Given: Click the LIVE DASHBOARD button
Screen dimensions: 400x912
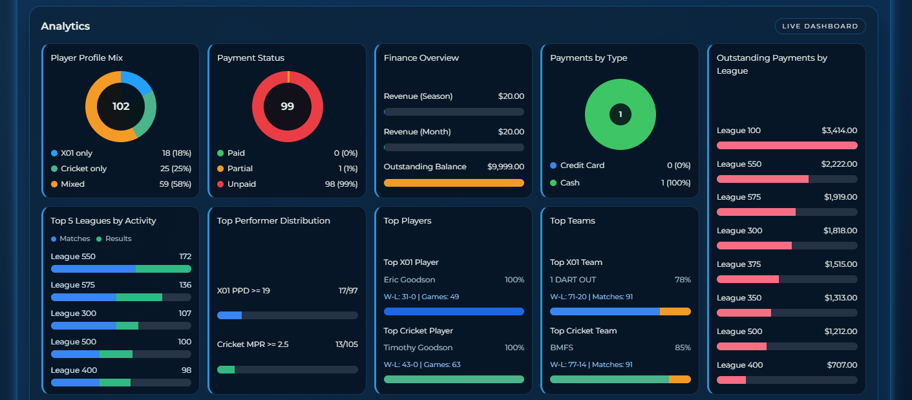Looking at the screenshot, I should [820, 26].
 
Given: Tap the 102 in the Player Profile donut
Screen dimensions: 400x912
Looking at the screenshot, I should [121, 107].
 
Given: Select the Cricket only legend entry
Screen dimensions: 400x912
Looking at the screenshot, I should [83, 169].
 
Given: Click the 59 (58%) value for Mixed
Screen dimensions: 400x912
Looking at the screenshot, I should [176, 184].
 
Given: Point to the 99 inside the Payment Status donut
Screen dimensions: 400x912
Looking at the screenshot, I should [287, 107].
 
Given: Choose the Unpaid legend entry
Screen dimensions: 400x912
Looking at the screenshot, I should [242, 184].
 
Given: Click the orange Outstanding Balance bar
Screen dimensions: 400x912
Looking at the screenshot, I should [454, 183].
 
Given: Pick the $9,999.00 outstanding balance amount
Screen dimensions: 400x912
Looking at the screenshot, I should [505, 167].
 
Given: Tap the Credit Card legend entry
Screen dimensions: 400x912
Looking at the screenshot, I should [582, 165].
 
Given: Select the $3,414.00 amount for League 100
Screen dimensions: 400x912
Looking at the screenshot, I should [839, 131].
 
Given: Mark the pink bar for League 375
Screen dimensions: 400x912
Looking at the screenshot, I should [748, 279].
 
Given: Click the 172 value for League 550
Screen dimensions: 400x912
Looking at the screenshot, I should [185, 257].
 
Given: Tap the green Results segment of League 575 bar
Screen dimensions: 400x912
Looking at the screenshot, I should [139, 297].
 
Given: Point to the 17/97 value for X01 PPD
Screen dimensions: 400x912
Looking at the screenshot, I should [347, 291].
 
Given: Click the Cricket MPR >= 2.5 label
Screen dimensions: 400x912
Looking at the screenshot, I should [253, 344].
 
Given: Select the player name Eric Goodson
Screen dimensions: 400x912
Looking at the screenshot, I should [409, 280].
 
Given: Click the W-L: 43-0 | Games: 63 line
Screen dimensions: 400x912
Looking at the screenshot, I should [422, 364].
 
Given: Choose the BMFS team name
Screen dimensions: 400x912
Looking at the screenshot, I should [562, 348].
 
